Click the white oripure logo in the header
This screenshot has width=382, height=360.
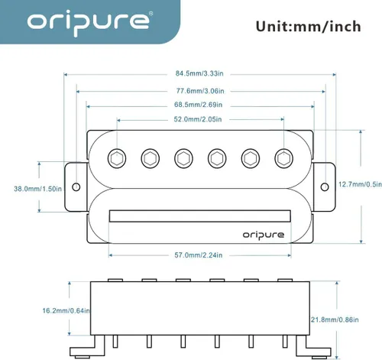pos(88,22)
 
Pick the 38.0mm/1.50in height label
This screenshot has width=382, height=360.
pos(37,188)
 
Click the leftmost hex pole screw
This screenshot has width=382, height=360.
pos(117,157)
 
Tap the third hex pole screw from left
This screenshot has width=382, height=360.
pos(183,158)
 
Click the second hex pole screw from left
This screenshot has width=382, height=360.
pos(150,158)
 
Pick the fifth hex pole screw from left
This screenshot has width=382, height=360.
pos(251,158)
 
